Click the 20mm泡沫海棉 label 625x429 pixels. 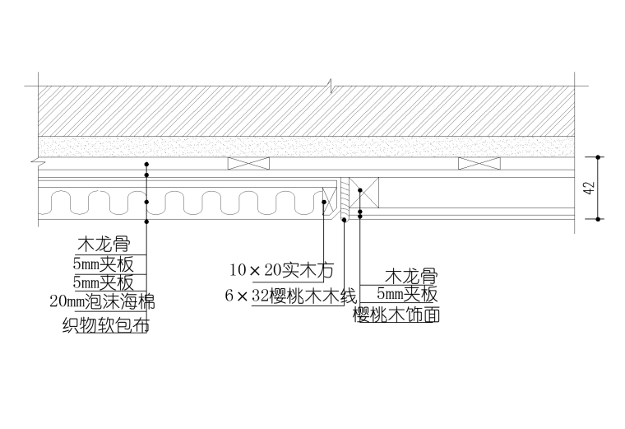pos(102,301)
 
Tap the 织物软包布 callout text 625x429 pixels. pos(105,325)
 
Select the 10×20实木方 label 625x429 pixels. pos(281,270)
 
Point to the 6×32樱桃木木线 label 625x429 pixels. pos(290,296)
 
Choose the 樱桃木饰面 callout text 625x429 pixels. pos(396,315)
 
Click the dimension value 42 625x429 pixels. pos(590,188)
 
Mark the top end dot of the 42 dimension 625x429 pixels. pos(598,157)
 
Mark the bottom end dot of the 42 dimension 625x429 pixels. pos(598,219)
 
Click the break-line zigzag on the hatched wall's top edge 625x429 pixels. pos(331,86)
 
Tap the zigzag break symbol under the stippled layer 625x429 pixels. pos(38,161)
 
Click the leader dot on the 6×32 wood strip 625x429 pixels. pos(344,220)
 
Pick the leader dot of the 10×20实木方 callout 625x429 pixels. pos(324,202)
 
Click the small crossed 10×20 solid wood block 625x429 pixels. pos(329,201)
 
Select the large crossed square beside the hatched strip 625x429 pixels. pos(364,193)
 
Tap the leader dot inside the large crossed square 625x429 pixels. pos(360,190)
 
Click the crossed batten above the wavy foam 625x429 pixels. pos(248,163)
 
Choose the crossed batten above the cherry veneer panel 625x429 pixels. pos(479,163)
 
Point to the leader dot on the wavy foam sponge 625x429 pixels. pos(146,202)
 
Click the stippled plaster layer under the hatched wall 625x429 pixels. pos(306,147)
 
